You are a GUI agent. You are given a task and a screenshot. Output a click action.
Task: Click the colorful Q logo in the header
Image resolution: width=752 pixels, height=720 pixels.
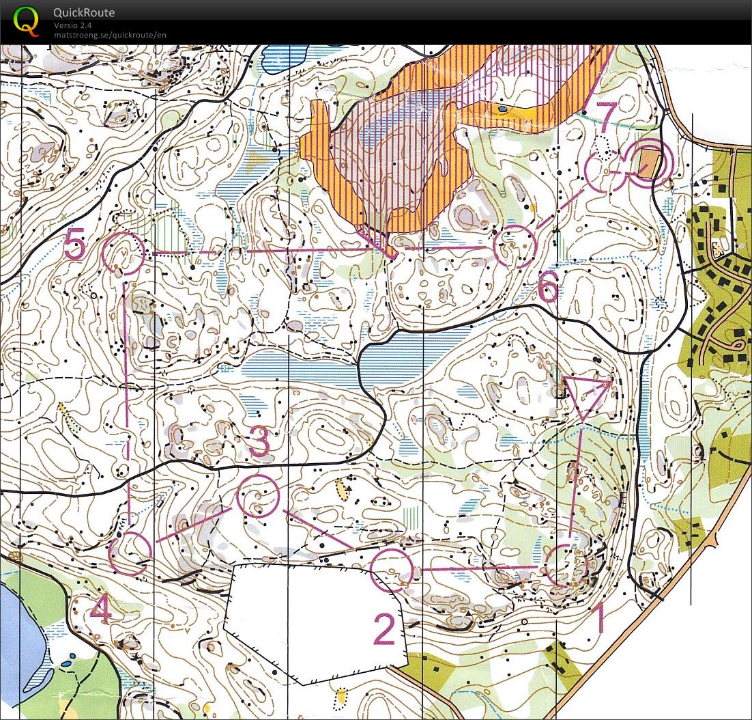(26, 20)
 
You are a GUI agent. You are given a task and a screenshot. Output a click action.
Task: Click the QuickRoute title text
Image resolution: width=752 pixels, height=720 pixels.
(84, 12)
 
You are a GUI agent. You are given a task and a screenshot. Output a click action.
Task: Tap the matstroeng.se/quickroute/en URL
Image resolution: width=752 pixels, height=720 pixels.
(110, 35)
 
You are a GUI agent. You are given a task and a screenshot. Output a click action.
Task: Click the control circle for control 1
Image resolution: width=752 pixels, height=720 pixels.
(567, 565)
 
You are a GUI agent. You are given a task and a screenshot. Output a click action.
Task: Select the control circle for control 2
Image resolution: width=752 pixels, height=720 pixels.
(392, 569)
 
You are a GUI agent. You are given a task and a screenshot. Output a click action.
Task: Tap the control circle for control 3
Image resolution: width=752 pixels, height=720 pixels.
(257, 495)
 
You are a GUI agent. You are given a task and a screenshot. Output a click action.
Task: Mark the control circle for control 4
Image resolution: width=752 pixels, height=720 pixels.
(130, 553)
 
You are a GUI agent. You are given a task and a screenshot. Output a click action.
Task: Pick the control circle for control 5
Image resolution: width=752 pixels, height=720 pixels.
(123, 253)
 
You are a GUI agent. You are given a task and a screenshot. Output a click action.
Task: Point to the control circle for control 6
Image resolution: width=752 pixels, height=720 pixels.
(514, 246)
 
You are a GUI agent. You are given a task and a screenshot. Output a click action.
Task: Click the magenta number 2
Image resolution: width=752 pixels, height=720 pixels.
(384, 629)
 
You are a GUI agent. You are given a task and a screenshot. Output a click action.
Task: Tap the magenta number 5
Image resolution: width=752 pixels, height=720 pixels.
(75, 245)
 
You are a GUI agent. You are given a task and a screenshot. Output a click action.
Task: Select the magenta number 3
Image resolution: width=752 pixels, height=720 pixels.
(260, 443)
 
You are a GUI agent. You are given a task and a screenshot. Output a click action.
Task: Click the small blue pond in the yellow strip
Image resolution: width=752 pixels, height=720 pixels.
(503, 108)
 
